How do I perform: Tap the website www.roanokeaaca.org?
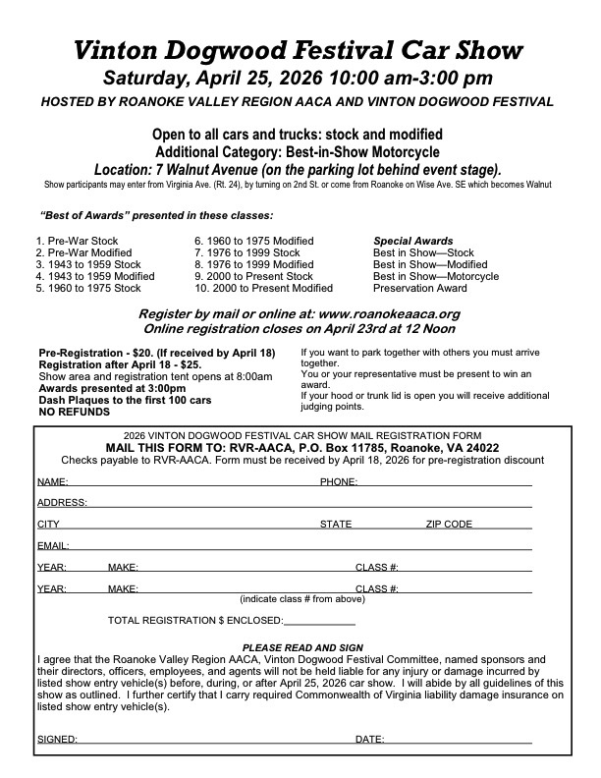[x=379, y=313]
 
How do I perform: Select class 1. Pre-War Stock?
[x=79, y=241]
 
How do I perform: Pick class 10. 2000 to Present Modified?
[x=263, y=288]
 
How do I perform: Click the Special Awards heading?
[x=412, y=241]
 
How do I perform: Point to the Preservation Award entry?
[x=419, y=288]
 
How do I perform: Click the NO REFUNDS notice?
[x=74, y=411]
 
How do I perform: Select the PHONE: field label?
[x=339, y=482]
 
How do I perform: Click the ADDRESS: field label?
[x=61, y=503]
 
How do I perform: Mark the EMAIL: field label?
[x=52, y=545]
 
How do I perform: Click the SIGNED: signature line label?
[x=56, y=739]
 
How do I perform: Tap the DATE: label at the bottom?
[x=369, y=739]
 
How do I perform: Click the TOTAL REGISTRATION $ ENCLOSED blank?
[x=318, y=621]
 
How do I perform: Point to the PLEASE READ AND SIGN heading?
[x=302, y=647]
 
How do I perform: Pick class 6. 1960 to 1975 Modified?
[x=253, y=241]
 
